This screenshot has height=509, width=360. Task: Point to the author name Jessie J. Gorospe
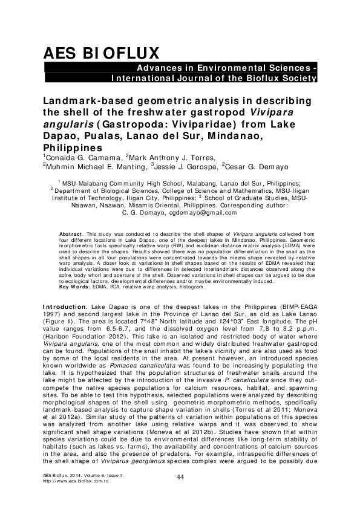[x=185, y=167]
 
